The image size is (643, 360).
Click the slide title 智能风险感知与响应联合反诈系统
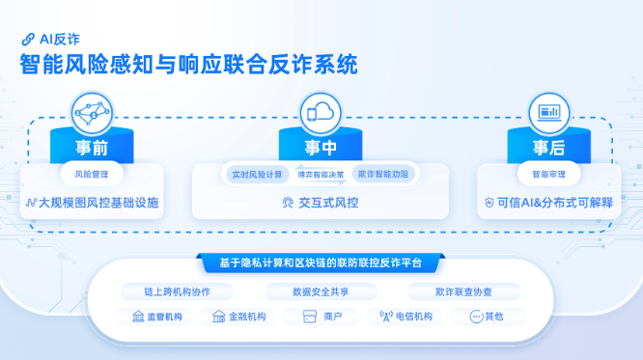pyautogui.click(x=189, y=65)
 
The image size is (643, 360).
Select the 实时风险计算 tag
pyautogui.click(x=257, y=175)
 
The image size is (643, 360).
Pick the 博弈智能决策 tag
pyautogui.click(x=321, y=175)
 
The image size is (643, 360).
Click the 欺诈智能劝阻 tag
pyautogui.click(x=383, y=175)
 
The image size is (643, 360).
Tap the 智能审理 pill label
pyautogui.click(x=548, y=175)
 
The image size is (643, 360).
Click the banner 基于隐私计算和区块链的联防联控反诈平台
pyautogui.click(x=321, y=263)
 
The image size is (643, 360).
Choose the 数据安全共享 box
pyautogui.click(x=321, y=291)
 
